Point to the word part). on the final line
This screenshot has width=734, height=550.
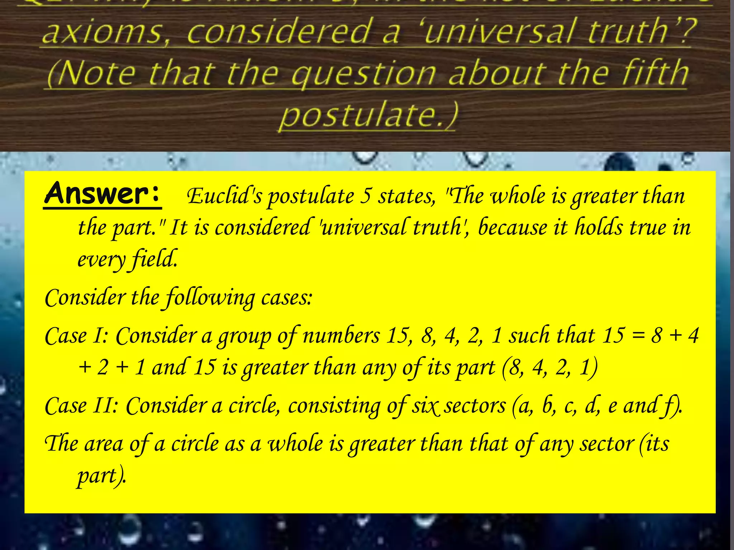coord(102,476)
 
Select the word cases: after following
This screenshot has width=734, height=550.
coord(287,298)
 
